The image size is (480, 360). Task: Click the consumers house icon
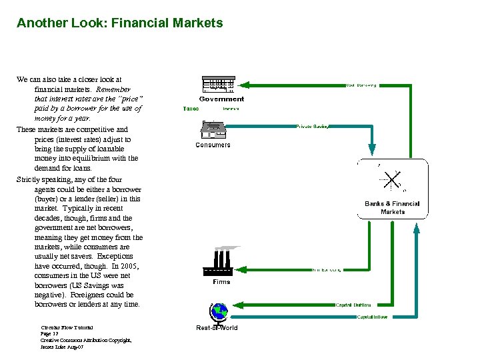(x=213, y=129)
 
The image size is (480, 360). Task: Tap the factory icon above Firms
(x=221, y=261)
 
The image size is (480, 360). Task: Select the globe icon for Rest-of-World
(x=217, y=312)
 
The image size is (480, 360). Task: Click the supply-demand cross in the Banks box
(x=391, y=181)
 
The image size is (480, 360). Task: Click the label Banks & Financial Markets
(x=392, y=207)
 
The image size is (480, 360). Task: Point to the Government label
(x=221, y=99)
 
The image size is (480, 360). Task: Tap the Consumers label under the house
(x=213, y=145)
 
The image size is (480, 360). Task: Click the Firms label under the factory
(x=221, y=281)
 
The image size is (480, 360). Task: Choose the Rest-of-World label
(x=217, y=327)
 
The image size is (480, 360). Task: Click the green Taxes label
(x=191, y=109)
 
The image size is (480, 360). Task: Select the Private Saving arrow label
(x=312, y=125)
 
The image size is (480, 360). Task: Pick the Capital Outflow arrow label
(x=353, y=305)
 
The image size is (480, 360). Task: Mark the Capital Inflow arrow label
(x=372, y=317)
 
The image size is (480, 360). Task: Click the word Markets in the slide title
(x=196, y=23)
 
